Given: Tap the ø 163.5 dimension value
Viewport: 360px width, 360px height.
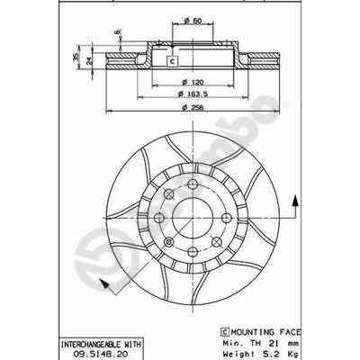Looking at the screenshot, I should (x=190, y=93).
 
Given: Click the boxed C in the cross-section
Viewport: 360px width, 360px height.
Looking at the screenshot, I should (x=172, y=61).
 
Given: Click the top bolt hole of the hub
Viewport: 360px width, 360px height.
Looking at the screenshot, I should (x=192, y=176).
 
